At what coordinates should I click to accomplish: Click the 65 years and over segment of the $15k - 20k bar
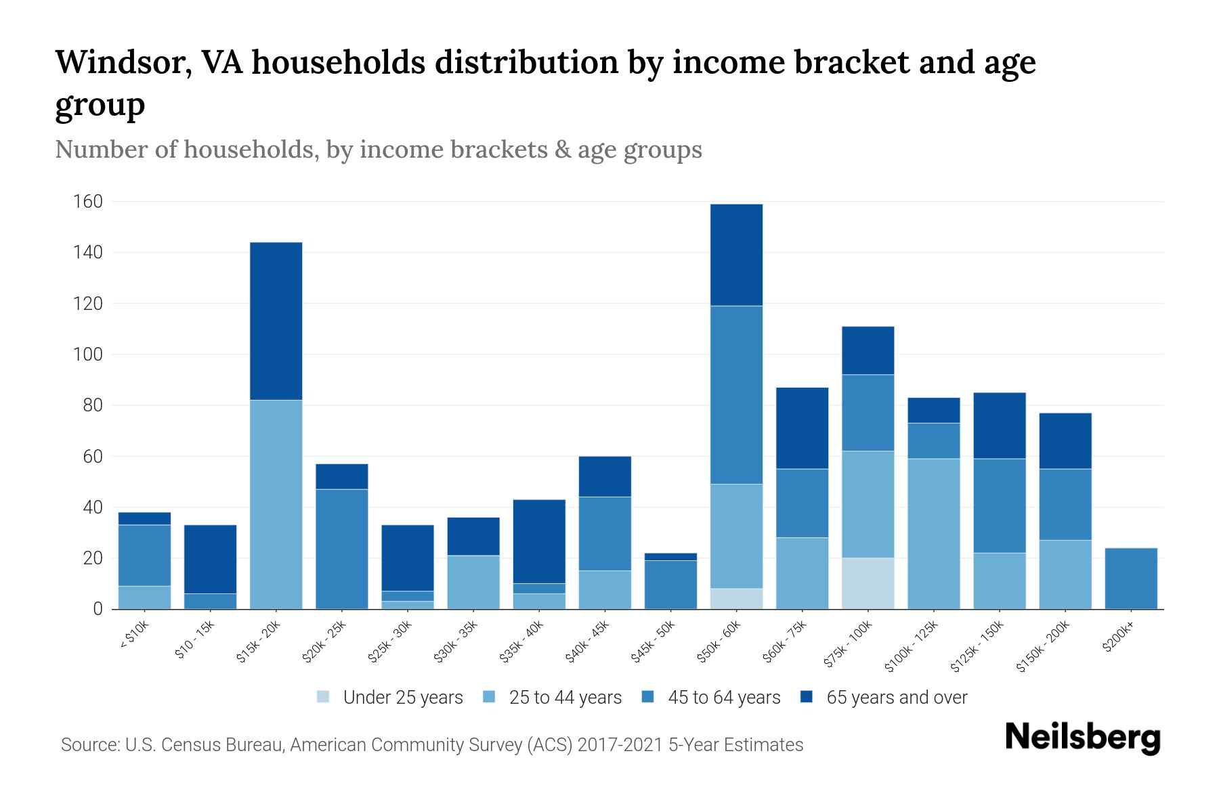[x=276, y=321]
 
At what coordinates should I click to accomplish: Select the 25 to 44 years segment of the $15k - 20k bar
[x=276, y=504]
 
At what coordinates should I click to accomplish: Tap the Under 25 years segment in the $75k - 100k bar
[x=868, y=583]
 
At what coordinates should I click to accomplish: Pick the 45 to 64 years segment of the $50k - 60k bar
[x=736, y=394]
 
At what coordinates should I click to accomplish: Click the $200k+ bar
[x=1130, y=579]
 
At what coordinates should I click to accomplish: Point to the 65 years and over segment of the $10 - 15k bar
[x=210, y=559]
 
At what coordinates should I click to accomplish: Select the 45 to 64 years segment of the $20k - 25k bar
[x=341, y=549]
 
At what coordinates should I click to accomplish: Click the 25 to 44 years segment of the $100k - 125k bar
[x=933, y=534]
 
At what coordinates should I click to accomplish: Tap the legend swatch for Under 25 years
[x=324, y=697]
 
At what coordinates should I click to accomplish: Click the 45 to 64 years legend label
[x=723, y=697]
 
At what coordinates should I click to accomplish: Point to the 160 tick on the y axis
[x=88, y=202]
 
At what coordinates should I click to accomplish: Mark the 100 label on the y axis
[x=88, y=355]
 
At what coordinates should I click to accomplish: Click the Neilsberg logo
[x=1082, y=738]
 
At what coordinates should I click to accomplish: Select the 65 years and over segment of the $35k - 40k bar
[x=538, y=541]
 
